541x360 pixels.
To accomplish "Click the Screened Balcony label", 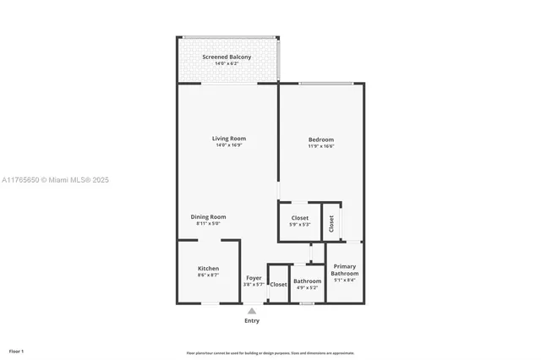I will click(227, 57).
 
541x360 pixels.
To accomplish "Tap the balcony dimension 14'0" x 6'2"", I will click(227, 64).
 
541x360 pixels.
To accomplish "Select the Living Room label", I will click(229, 139).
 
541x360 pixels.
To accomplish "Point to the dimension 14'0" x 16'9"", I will click(229, 145).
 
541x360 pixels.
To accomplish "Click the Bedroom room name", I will click(321, 139).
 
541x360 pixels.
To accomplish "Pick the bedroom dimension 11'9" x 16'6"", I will click(321, 146).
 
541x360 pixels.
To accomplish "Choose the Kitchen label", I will click(208, 269).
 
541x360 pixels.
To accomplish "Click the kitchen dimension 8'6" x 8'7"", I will click(208, 275).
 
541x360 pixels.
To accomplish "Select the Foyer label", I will click(254, 278).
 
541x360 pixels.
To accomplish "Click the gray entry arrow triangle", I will click(252, 311).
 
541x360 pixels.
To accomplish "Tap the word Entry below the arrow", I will click(252, 321).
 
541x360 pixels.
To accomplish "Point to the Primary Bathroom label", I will click(344, 270).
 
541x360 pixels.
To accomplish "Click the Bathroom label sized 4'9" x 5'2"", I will click(307, 281).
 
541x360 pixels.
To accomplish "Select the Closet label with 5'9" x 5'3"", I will click(299, 218).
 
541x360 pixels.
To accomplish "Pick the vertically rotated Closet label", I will click(331, 223).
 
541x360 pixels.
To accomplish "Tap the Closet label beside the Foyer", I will click(278, 285).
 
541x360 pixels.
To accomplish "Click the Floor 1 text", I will click(16, 351).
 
